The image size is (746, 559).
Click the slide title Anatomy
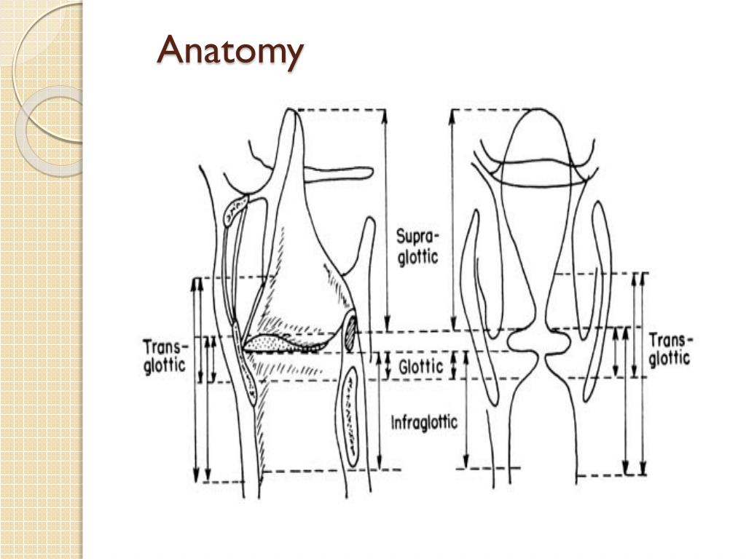[x=229, y=52]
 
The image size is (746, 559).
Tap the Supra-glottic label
[x=417, y=247]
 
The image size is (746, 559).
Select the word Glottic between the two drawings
[x=420, y=367]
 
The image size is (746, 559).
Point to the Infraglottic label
[x=424, y=422]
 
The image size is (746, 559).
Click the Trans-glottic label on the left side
[x=165, y=355]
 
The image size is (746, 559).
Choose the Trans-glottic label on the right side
[x=670, y=349]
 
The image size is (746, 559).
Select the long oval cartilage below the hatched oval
[x=353, y=415]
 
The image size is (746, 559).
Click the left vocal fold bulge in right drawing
[x=519, y=341]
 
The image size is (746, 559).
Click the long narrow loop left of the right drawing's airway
[x=481, y=306]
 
